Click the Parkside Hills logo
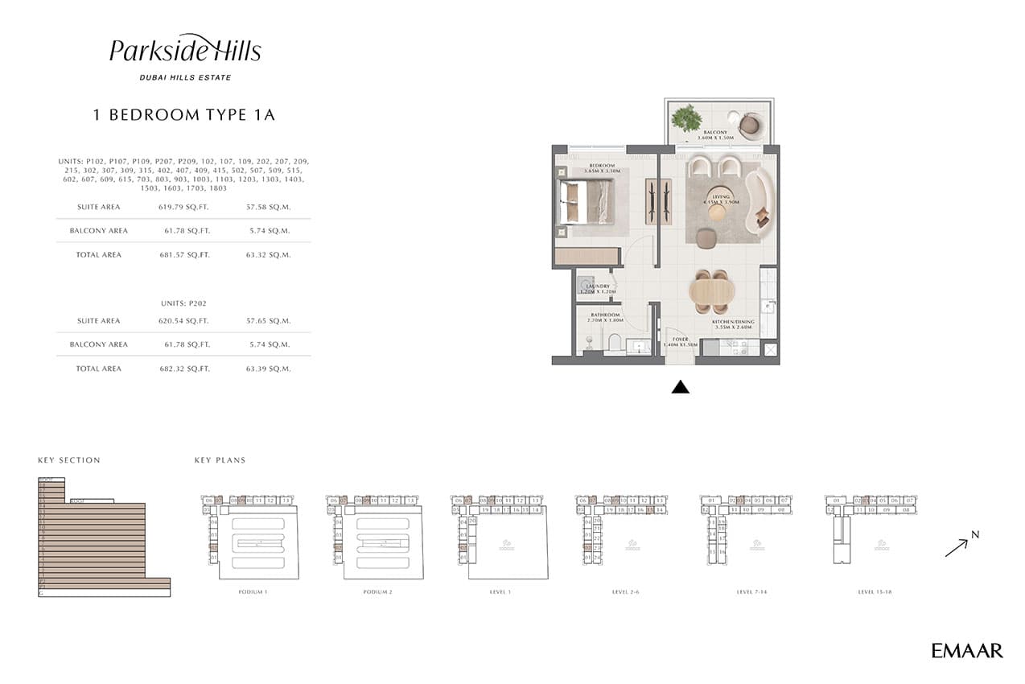click(185, 51)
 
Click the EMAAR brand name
click(967, 650)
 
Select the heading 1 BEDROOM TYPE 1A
click(184, 115)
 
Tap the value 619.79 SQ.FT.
click(184, 207)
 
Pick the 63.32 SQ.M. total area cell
click(268, 254)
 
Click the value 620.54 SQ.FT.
click(184, 320)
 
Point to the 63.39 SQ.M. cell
click(268, 368)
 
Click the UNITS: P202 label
click(184, 303)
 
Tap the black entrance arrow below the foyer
click(681, 387)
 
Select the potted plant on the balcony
click(686, 118)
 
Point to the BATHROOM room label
click(605, 315)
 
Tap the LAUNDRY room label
click(598, 286)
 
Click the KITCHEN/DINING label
click(733, 322)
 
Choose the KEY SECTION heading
click(69, 460)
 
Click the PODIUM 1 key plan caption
click(253, 592)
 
